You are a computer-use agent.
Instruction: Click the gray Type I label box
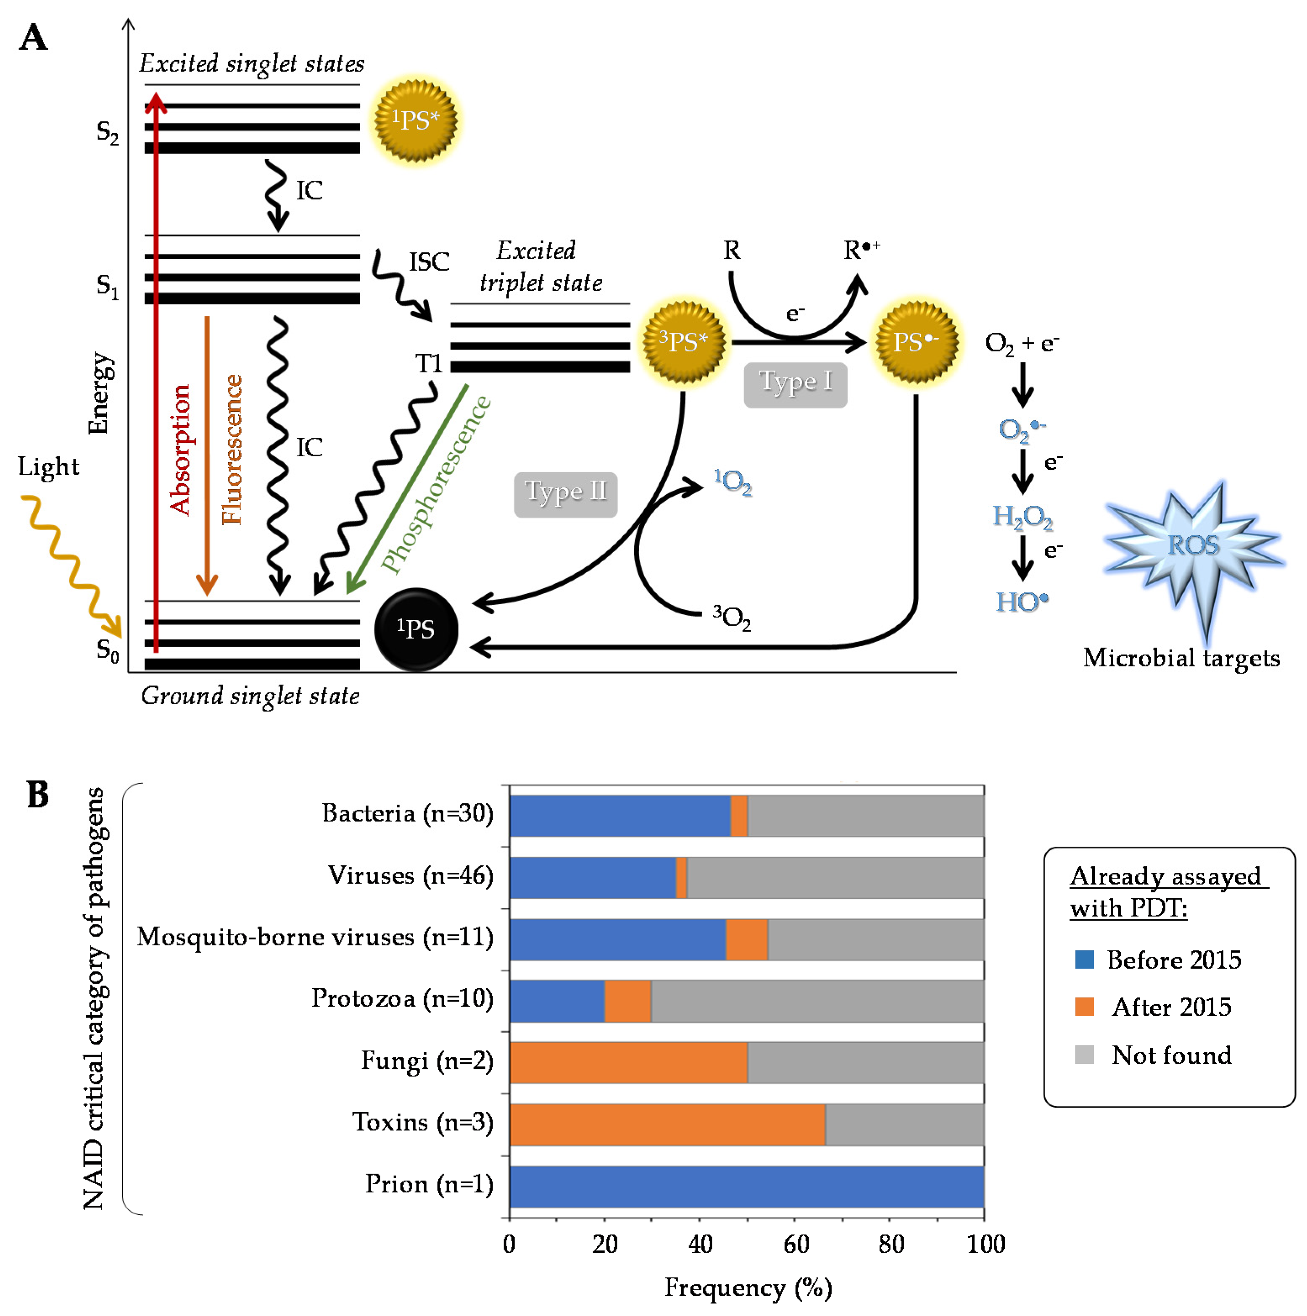795,385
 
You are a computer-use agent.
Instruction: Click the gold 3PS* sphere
683,341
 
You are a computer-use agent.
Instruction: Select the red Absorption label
180,450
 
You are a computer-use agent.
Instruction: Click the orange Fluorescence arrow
207,456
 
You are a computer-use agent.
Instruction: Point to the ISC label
429,262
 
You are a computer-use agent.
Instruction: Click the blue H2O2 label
1022,517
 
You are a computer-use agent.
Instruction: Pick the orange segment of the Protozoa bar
627,1001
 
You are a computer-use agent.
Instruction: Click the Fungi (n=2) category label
427,1061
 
